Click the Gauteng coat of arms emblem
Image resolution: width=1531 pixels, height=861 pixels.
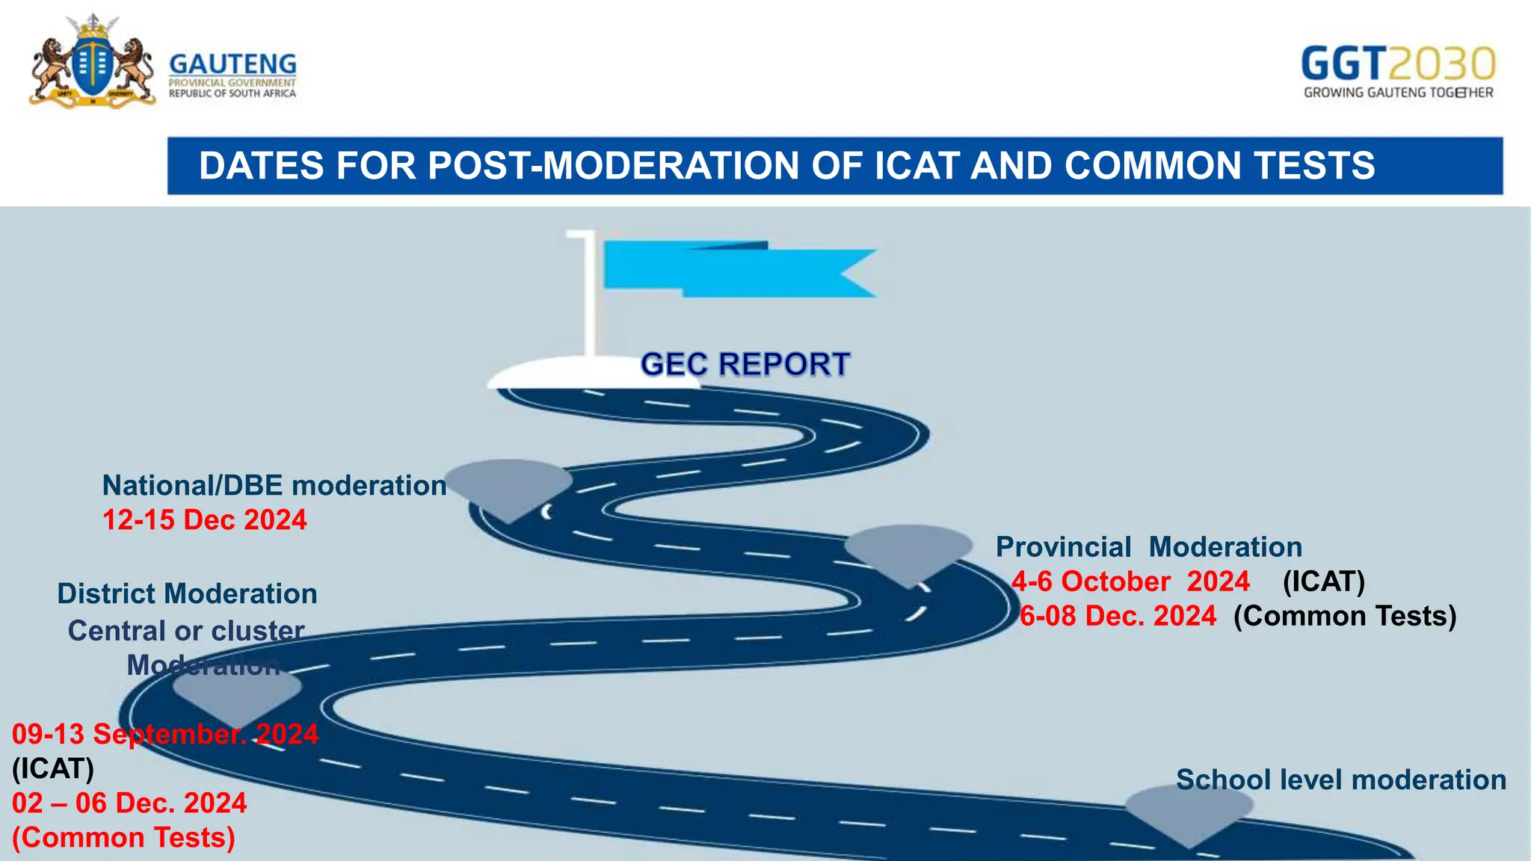pyautogui.click(x=92, y=63)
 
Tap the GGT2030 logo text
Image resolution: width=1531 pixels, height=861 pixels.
pyautogui.click(x=1398, y=64)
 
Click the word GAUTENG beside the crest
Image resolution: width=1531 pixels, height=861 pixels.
pyautogui.click(x=232, y=64)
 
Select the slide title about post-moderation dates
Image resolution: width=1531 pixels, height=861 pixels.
pyautogui.click(x=786, y=165)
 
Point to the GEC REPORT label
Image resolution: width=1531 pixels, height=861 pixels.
pyautogui.click(x=745, y=365)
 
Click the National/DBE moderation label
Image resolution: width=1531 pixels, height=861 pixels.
pyautogui.click(x=274, y=486)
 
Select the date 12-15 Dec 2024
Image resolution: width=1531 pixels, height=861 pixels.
pyautogui.click(x=204, y=520)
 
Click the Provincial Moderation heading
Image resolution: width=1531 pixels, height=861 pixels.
pyautogui.click(x=1149, y=547)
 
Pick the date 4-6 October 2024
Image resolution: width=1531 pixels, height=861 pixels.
pyautogui.click(x=1130, y=581)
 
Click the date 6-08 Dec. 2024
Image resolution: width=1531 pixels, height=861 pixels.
pyautogui.click(x=1118, y=616)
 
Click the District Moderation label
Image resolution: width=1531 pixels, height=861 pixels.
pyautogui.click(x=187, y=594)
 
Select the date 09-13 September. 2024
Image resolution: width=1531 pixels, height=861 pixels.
pyautogui.click(x=165, y=734)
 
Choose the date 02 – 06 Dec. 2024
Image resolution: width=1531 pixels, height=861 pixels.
pyautogui.click(x=129, y=803)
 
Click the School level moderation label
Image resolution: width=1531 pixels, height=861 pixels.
pyautogui.click(x=1341, y=780)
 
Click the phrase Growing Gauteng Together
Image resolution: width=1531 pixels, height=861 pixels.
pyautogui.click(x=1398, y=93)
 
